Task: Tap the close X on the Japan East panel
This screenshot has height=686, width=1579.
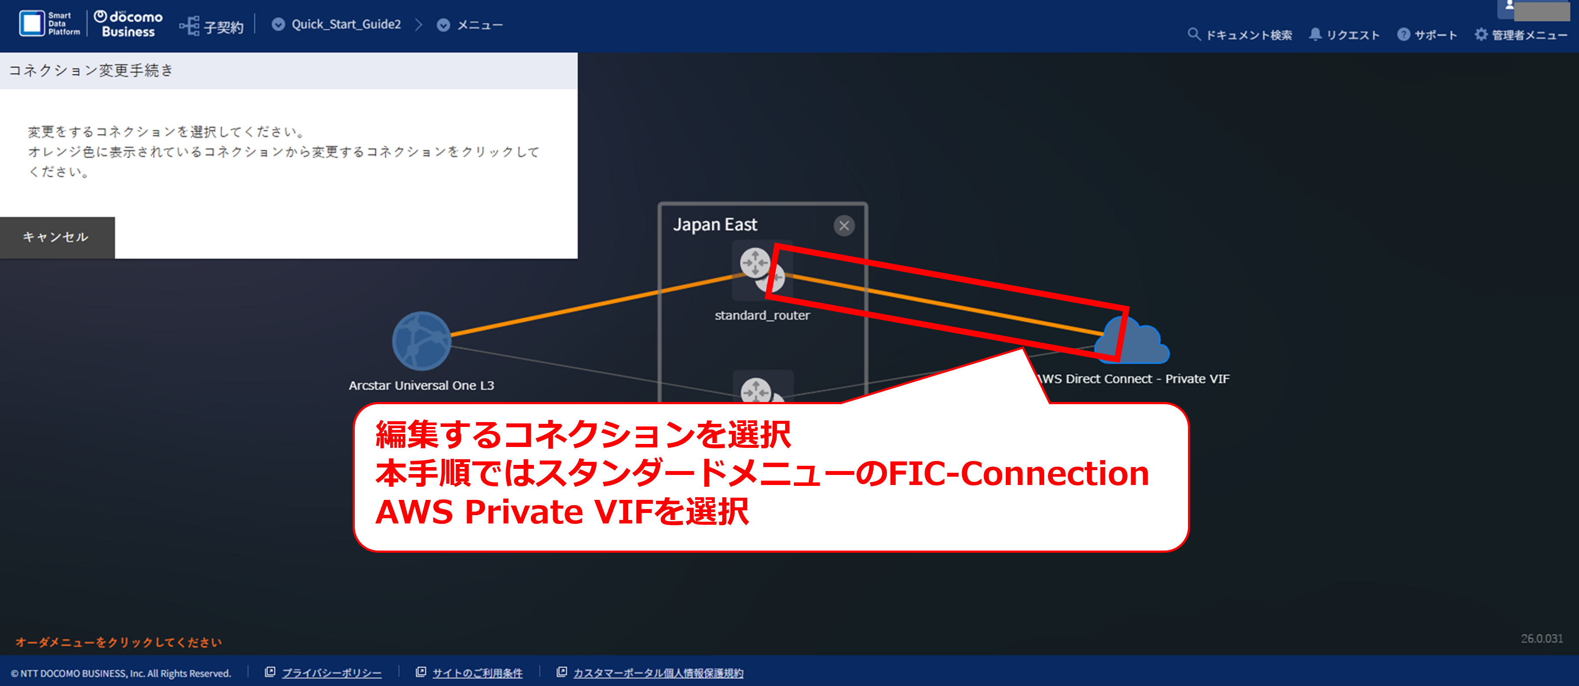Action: click(x=844, y=225)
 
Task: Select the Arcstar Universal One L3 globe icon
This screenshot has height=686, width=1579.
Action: click(x=422, y=341)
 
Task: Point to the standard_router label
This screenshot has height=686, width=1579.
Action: click(x=762, y=315)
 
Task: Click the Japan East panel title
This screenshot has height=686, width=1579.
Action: click(x=715, y=225)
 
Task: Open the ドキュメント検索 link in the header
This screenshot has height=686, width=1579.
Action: click(x=1240, y=35)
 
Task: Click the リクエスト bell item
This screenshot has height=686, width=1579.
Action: click(x=1344, y=35)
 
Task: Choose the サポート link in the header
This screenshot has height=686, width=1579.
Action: click(x=1427, y=35)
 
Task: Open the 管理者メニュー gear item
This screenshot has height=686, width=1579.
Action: click(x=1521, y=35)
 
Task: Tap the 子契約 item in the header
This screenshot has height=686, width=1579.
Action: click(x=211, y=26)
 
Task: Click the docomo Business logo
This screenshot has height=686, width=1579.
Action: click(x=128, y=24)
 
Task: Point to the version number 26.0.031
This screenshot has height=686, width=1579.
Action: click(x=1541, y=639)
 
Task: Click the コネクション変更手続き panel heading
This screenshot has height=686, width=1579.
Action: click(x=91, y=70)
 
